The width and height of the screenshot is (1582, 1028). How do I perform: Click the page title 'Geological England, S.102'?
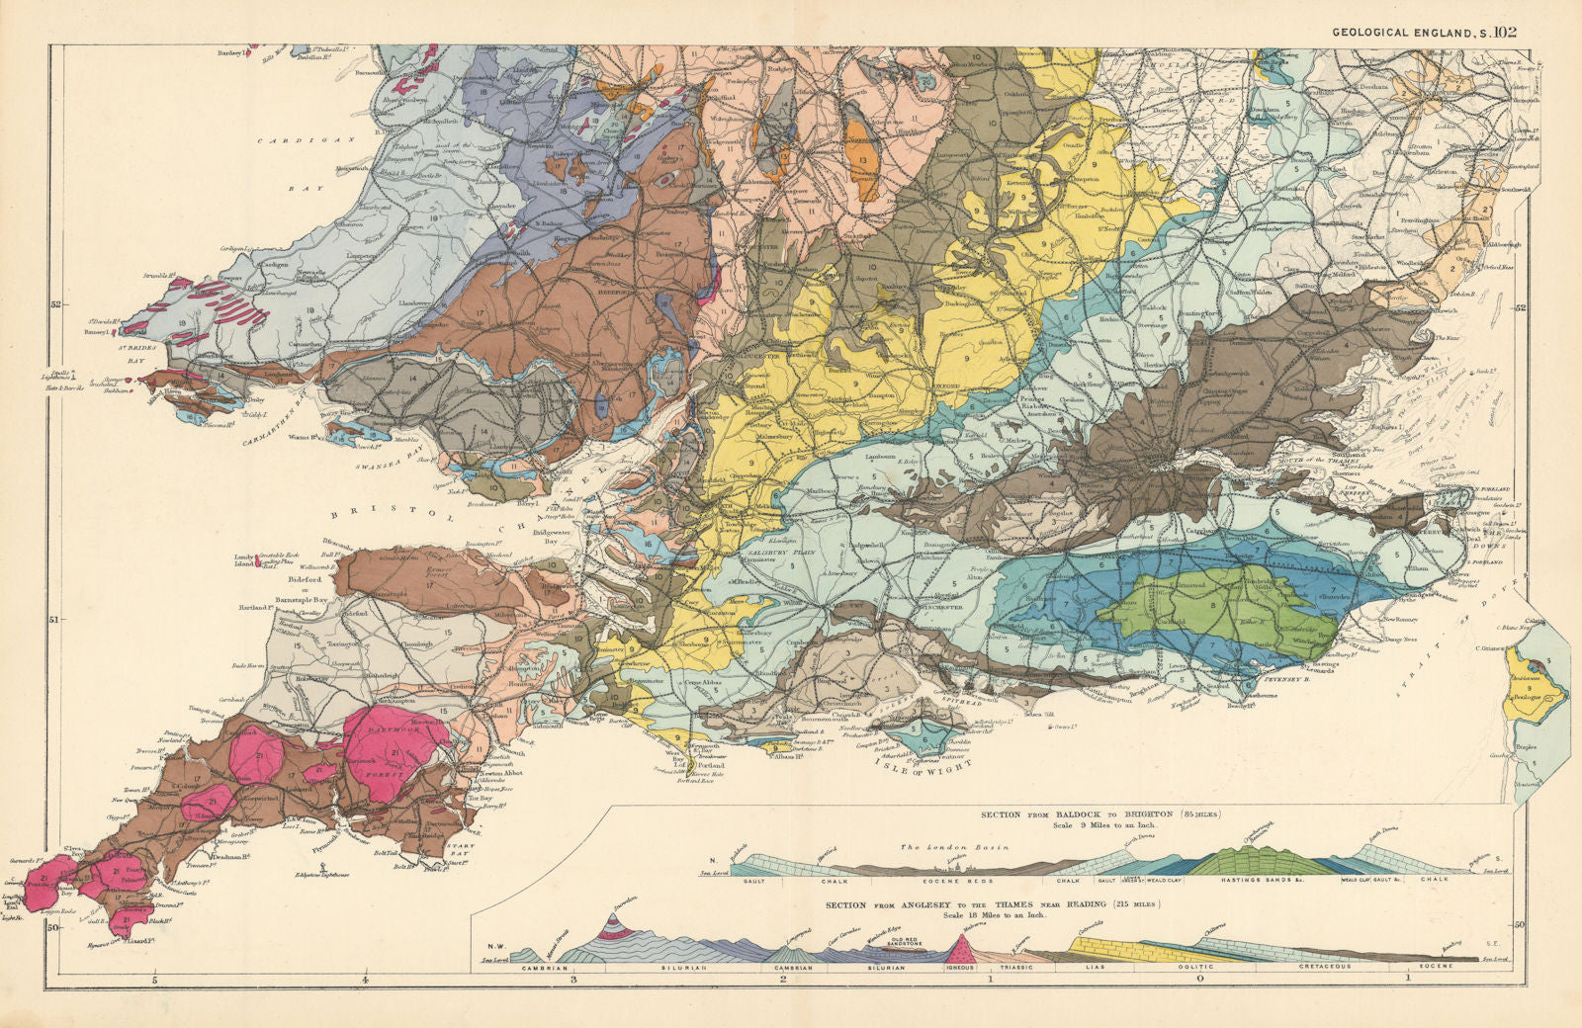(1424, 32)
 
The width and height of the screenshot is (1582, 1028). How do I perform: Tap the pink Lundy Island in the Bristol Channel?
(259, 562)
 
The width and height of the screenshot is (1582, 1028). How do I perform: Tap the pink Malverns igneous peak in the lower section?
(958, 947)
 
